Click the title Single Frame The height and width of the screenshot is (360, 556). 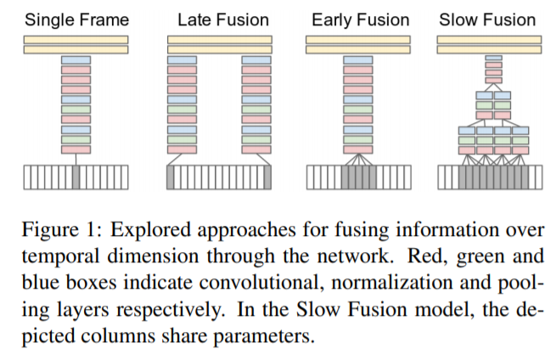[x=76, y=19]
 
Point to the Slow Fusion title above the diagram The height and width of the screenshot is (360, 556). [x=487, y=19]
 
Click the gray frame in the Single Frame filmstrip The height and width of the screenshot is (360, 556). [x=76, y=177]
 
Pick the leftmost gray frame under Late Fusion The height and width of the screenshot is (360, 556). [x=172, y=177]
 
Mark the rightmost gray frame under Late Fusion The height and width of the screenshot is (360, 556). [x=266, y=177]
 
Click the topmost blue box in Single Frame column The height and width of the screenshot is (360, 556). [x=76, y=59]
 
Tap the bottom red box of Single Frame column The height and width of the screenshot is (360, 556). [x=76, y=149]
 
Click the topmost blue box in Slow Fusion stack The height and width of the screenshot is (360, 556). [x=493, y=59]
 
